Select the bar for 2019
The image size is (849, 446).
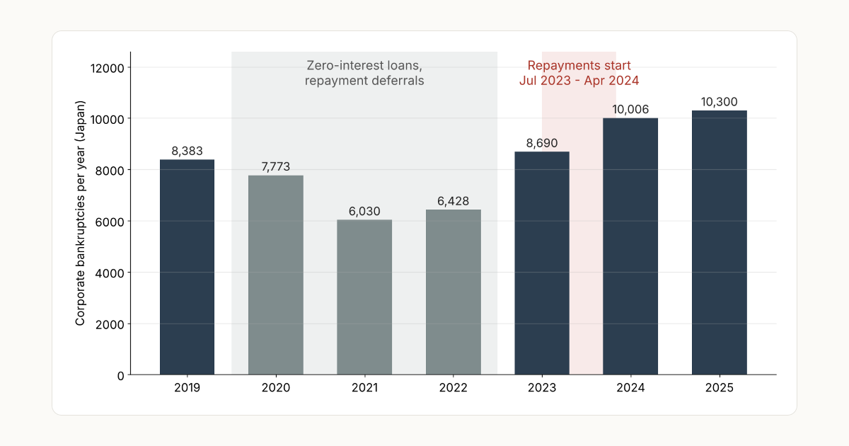[187, 267]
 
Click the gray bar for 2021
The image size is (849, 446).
[364, 297]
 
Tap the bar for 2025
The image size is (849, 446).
[720, 242]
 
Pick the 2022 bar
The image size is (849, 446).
[454, 292]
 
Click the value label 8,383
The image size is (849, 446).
[187, 151]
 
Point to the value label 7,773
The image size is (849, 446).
[275, 166]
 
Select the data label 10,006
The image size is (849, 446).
[630, 109]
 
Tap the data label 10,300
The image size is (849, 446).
[719, 102]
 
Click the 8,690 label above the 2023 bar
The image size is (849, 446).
[542, 143]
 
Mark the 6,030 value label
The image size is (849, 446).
[364, 211]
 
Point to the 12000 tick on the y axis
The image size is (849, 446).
[108, 68]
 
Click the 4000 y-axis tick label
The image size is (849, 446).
[110, 273]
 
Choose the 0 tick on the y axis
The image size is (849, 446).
[120, 376]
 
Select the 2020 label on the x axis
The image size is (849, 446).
[275, 388]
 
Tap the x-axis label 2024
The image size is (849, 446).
[630, 388]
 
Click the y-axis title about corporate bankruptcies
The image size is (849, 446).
[80, 213]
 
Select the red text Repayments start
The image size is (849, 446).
[579, 66]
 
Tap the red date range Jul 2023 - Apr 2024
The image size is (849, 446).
[579, 81]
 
